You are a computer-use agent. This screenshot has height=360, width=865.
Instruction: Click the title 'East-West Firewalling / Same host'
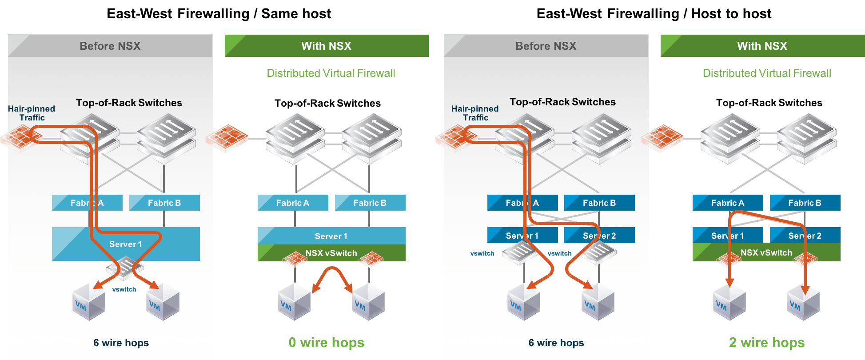(x=219, y=13)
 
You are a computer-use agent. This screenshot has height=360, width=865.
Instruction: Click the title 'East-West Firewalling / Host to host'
(x=654, y=13)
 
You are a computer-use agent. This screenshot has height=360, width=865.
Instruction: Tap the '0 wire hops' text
(x=326, y=343)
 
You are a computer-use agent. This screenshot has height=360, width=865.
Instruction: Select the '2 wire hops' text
(x=766, y=343)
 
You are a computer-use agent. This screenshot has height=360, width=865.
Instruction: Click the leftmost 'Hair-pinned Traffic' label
(x=32, y=113)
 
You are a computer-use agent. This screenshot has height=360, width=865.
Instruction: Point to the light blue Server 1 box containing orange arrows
(x=126, y=244)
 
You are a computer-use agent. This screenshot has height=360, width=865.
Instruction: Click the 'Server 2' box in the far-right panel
(x=805, y=236)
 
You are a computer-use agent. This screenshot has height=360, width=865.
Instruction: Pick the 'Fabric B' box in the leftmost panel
(x=164, y=203)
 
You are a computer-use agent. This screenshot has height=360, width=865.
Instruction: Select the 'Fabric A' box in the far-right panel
(x=727, y=203)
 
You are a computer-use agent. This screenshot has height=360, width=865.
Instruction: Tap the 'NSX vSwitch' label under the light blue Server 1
(x=331, y=253)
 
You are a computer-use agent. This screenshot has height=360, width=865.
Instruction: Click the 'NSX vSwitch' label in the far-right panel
(x=766, y=252)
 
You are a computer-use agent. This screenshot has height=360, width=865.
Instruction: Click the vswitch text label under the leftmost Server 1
(x=124, y=289)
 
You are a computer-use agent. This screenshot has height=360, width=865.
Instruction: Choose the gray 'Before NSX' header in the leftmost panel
(x=110, y=46)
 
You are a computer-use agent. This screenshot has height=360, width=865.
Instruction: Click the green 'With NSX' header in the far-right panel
(x=762, y=46)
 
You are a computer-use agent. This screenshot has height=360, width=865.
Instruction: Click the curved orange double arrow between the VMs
(x=332, y=278)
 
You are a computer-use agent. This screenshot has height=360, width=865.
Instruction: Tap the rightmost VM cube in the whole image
(x=803, y=303)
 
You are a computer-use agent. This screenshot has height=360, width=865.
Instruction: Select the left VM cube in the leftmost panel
(x=89, y=303)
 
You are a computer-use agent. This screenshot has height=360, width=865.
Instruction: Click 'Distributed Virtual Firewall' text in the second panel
(x=331, y=73)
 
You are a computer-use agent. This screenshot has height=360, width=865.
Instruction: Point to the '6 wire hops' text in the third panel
(x=556, y=343)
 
